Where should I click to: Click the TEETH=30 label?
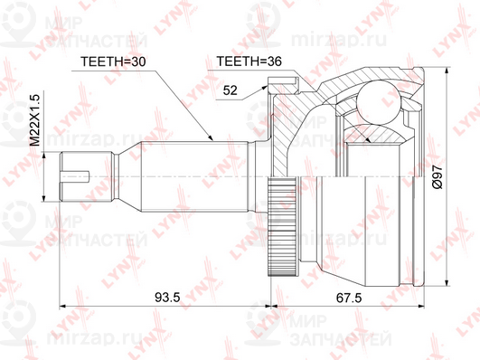(x=113, y=62)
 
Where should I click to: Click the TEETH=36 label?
(x=249, y=62)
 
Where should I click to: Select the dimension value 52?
(x=230, y=90)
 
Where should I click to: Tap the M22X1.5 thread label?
(x=35, y=120)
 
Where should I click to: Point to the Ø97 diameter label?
(x=438, y=176)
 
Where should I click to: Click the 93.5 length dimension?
(x=167, y=298)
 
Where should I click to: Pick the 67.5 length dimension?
(x=349, y=298)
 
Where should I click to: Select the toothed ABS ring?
(x=282, y=226)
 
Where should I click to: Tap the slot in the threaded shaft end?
(x=75, y=176)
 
